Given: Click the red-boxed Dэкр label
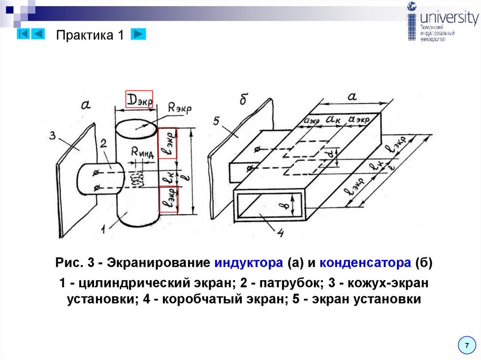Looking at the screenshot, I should coord(139,99).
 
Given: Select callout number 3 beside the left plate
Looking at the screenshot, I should coord(53,136).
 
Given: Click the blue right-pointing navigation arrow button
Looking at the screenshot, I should coord(138,34).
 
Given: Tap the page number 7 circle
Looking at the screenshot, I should coord(466,345).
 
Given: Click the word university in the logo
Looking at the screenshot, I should coord(449,18).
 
